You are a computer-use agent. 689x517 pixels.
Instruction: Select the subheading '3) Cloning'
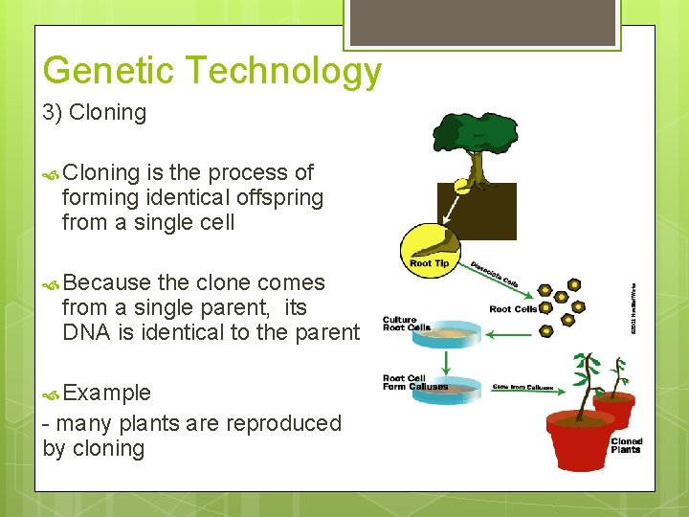(95, 113)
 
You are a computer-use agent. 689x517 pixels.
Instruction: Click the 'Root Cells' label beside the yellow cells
(513, 309)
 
